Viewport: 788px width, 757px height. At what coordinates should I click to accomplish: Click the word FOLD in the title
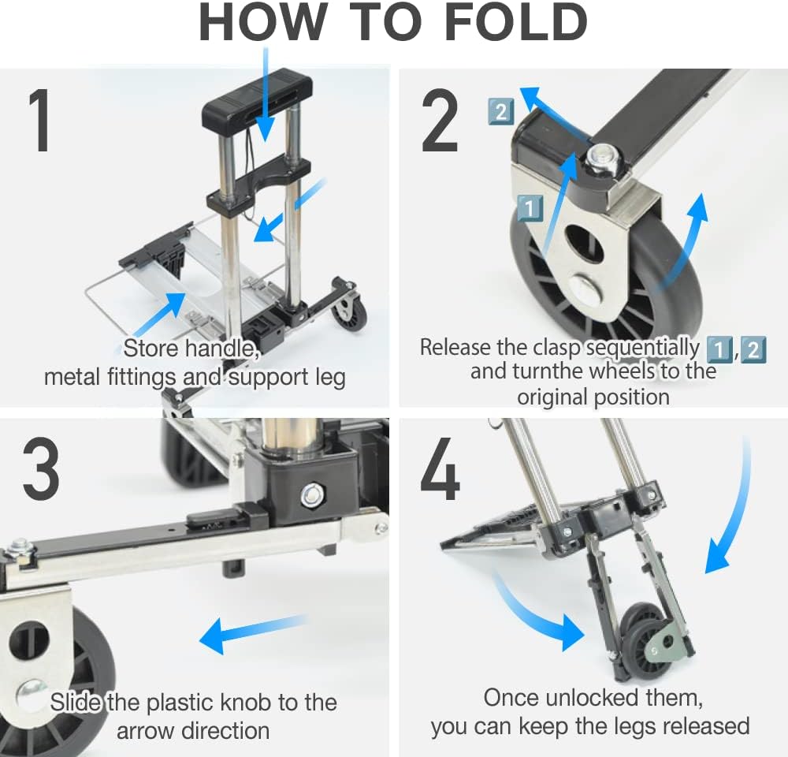pos(516,23)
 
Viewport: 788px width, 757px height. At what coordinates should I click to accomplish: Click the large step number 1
pos(40,120)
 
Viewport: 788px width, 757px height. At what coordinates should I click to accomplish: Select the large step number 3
pos(41,468)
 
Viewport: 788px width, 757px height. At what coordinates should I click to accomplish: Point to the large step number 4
pos(440,468)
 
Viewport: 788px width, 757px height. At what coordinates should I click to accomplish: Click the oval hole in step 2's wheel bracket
pos(583,243)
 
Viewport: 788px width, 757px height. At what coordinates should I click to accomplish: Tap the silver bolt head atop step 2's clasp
pos(602,158)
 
